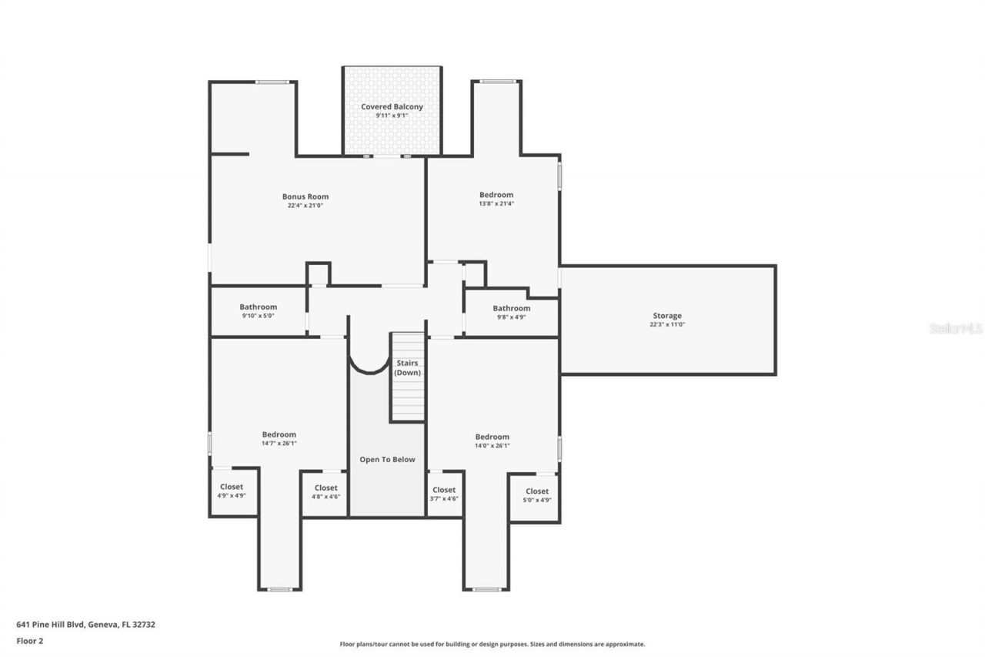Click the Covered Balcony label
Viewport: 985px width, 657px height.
(392, 107)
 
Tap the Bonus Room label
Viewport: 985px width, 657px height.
(306, 196)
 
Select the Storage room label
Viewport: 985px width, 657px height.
(666, 316)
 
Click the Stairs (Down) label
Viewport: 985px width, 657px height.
(408, 367)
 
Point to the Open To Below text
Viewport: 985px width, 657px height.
(387, 460)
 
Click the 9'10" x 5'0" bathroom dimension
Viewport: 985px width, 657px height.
(258, 316)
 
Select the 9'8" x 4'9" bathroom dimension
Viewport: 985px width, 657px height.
(511, 317)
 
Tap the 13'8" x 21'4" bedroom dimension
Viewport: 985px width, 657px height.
(496, 204)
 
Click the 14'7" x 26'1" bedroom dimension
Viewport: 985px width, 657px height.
(279, 444)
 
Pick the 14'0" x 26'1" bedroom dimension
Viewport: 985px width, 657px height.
(492, 445)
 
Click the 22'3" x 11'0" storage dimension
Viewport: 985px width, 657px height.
(666, 325)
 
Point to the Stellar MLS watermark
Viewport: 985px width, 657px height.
(956, 328)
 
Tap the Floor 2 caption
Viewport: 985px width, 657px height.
(30, 640)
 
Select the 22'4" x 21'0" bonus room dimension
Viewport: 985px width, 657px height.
(306, 206)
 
